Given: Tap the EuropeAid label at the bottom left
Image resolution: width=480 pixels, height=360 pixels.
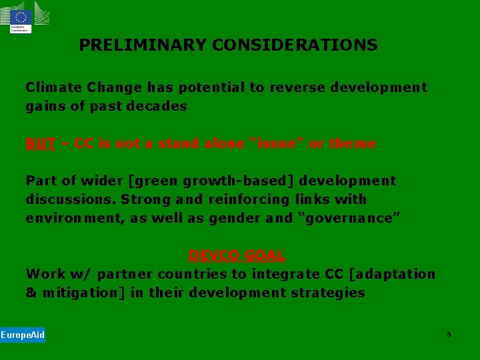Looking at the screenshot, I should click(23, 335).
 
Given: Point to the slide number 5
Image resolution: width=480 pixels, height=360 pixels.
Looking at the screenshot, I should click(449, 334).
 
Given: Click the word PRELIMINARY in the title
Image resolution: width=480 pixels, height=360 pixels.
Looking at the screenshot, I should click(143, 45).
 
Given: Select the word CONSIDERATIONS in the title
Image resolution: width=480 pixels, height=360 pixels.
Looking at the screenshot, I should click(295, 45).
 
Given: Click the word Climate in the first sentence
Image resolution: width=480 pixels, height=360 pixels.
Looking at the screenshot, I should click(51, 87).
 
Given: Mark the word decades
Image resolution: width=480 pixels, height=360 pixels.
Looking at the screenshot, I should click(158, 106).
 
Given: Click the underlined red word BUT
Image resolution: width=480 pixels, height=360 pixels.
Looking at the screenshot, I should click(40, 143).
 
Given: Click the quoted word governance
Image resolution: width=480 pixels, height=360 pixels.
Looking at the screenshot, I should click(347, 218).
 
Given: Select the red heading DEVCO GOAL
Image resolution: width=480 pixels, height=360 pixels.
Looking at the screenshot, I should click(237, 255).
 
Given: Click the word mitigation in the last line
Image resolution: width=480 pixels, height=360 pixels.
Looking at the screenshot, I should click(85, 293).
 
